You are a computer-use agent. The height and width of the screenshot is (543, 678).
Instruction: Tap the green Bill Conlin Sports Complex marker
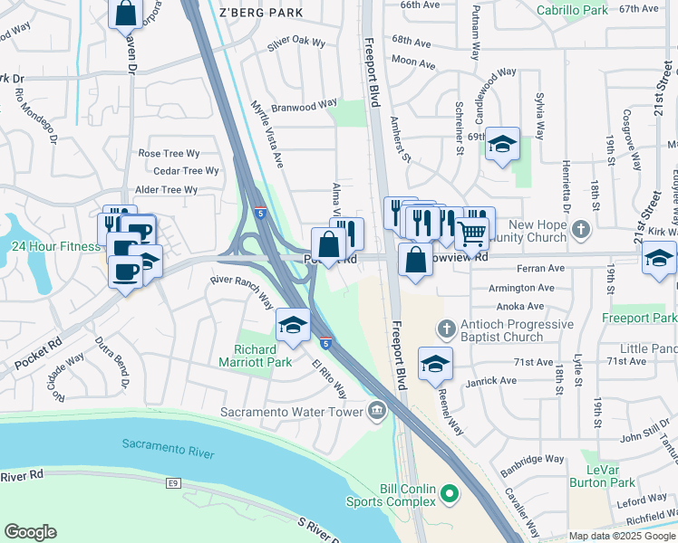click(449, 494)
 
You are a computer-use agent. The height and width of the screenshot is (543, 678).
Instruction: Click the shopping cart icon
click(471, 233)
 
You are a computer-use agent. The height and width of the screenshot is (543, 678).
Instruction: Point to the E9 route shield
click(173, 484)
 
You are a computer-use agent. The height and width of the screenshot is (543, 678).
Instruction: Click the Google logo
click(31, 532)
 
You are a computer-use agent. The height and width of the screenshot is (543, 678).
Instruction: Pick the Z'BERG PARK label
click(261, 13)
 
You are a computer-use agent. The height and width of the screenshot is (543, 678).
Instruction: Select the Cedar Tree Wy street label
click(186, 171)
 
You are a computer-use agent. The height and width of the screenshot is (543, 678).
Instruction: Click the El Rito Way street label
click(330, 381)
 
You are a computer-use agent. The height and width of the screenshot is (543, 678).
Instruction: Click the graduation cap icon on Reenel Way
click(435, 363)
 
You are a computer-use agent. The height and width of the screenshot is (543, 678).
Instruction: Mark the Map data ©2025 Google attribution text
click(622, 536)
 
